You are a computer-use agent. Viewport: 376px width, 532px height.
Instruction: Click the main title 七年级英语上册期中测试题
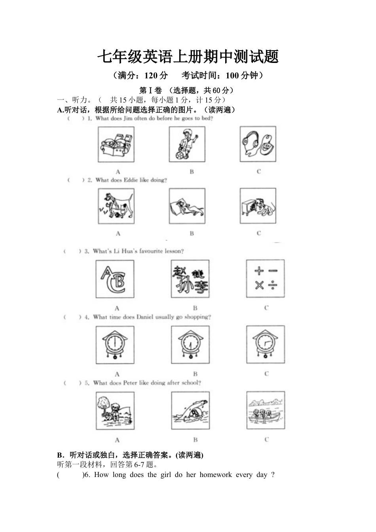pyautogui.click(x=188, y=57)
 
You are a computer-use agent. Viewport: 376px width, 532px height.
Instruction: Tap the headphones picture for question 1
pyautogui.click(x=258, y=144)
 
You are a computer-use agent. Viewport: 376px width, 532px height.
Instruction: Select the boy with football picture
pyautogui.click(x=187, y=144)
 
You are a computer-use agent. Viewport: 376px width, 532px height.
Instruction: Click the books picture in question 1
pyautogui.click(x=116, y=144)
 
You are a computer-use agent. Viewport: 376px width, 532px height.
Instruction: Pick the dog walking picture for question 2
pyautogui.click(x=116, y=206)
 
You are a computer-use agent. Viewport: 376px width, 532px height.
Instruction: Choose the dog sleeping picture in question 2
pyautogui.click(x=187, y=206)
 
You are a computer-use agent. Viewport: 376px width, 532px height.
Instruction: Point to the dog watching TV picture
pyautogui.click(x=258, y=206)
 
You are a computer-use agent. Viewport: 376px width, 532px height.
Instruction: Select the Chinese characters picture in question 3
pyautogui.click(x=190, y=279)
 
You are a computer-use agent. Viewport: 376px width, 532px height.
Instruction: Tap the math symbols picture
pyautogui.click(x=265, y=279)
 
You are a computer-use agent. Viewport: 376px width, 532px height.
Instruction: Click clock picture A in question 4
pyautogui.click(x=115, y=345)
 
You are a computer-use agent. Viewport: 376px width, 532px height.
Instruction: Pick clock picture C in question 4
pyautogui.click(x=265, y=345)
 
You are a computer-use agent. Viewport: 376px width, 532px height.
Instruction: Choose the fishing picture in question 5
pyautogui.click(x=115, y=411)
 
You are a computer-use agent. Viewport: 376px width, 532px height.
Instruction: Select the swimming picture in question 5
pyautogui.click(x=190, y=411)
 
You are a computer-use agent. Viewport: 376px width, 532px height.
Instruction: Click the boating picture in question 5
pyautogui.click(x=265, y=411)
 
